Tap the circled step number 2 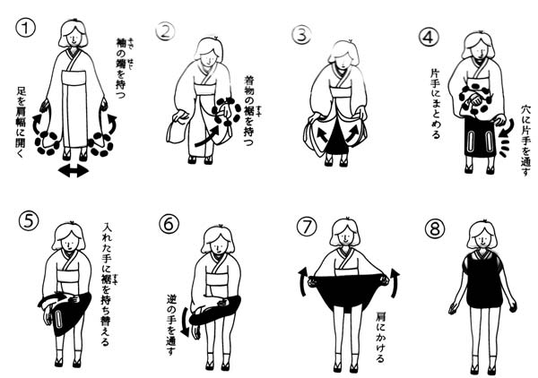click(x=164, y=32)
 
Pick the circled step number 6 click(x=169, y=225)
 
